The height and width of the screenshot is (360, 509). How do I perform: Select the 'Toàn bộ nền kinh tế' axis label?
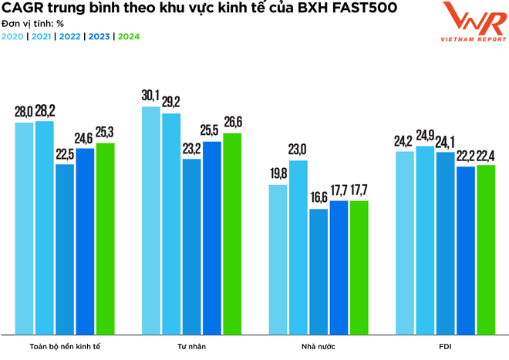coord(65,346)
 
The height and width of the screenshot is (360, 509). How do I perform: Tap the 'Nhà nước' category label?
coord(318,346)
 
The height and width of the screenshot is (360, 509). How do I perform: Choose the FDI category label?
coord(445,346)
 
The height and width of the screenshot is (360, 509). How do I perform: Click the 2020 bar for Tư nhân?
coord(150,220)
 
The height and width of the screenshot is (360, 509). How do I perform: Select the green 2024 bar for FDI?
coord(486,250)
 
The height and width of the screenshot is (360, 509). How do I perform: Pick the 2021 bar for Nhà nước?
coord(298,247)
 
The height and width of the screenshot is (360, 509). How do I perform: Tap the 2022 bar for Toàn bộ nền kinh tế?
coord(65,250)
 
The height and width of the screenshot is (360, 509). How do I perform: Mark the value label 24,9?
coord(425,136)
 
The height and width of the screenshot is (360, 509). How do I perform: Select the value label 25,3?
coord(105,133)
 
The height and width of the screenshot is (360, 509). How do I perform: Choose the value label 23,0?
coord(298,150)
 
